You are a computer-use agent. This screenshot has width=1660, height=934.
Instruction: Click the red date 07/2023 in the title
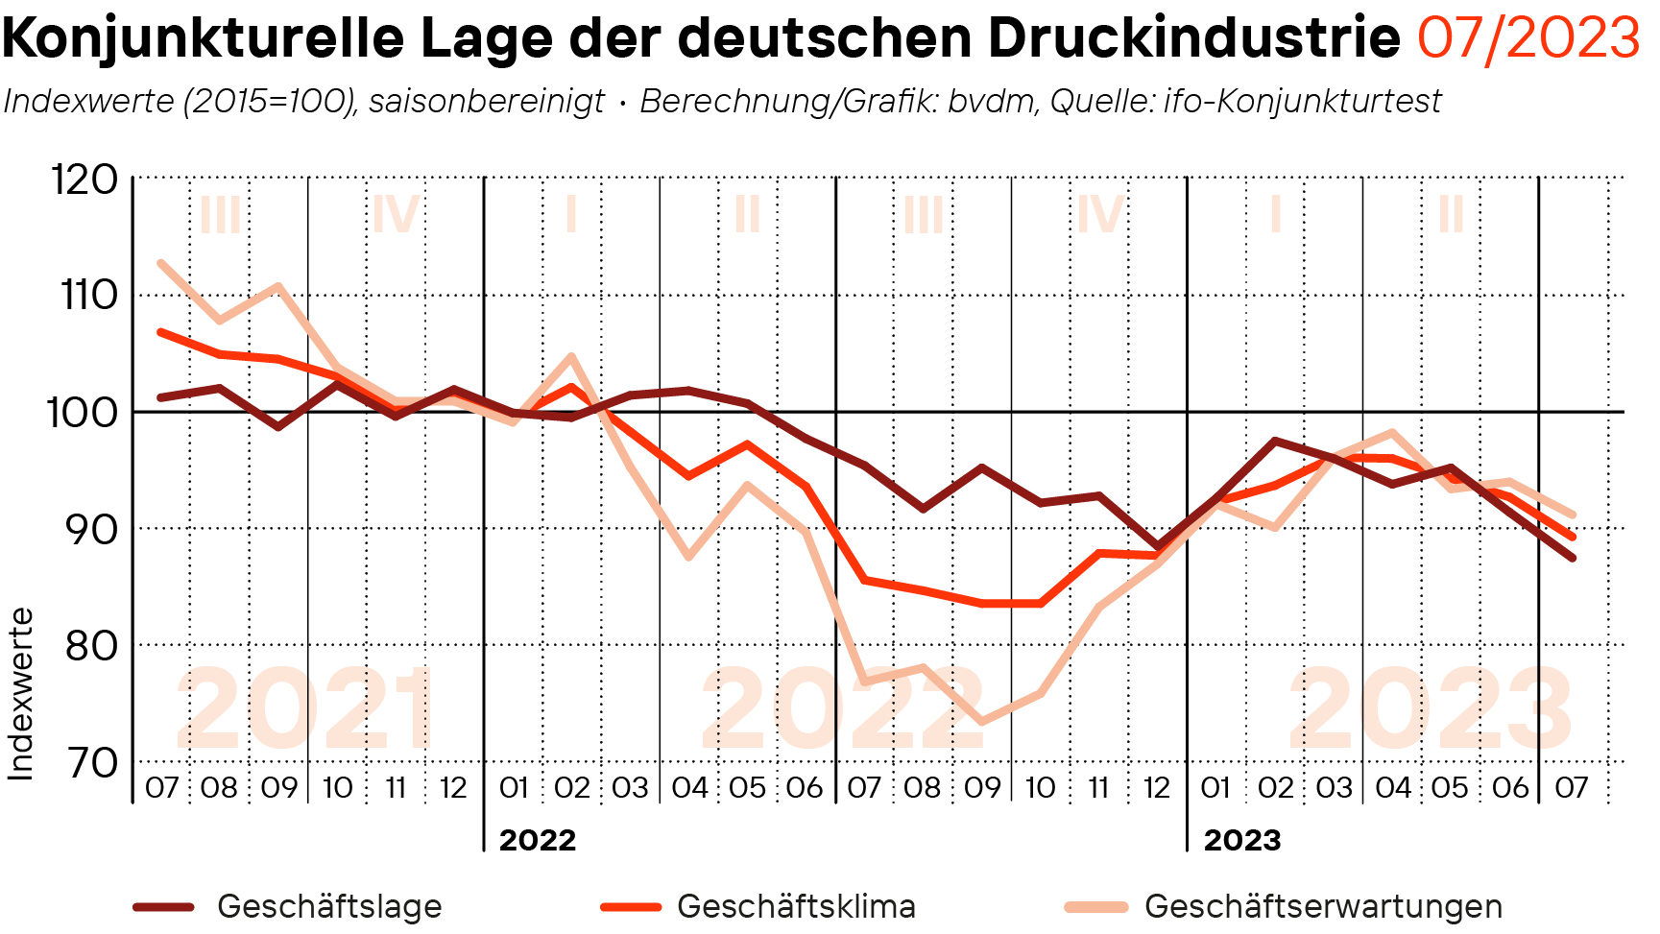(x=1528, y=38)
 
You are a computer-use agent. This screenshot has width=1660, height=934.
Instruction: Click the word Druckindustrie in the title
(x=1193, y=38)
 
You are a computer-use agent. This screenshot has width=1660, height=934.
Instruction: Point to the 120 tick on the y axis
(x=84, y=180)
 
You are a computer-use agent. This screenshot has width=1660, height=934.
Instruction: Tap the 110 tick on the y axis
(x=88, y=296)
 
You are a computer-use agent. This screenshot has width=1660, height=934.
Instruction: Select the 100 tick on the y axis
(x=83, y=413)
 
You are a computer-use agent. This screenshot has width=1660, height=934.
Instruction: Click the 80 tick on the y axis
(x=90, y=646)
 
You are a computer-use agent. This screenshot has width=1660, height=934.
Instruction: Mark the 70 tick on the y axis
(x=90, y=763)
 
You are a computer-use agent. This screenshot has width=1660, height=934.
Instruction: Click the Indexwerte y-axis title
(x=21, y=693)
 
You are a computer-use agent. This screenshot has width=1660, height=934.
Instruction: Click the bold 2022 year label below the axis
(x=538, y=840)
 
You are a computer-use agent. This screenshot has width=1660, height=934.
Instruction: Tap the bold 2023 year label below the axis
(x=1242, y=840)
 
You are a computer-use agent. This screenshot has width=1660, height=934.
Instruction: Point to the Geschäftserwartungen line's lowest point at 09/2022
(x=981, y=722)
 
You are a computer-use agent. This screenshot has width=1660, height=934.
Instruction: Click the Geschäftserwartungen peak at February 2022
(x=571, y=357)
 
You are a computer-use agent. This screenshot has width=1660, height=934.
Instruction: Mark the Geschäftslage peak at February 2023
(x=1274, y=441)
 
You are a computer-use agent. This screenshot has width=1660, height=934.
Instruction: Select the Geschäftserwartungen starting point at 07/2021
(x=161, y=263)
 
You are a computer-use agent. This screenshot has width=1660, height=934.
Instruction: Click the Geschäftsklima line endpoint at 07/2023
(x=1572, y=537)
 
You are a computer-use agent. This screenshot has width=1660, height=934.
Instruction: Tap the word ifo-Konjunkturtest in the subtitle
(x=1302, y=101)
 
